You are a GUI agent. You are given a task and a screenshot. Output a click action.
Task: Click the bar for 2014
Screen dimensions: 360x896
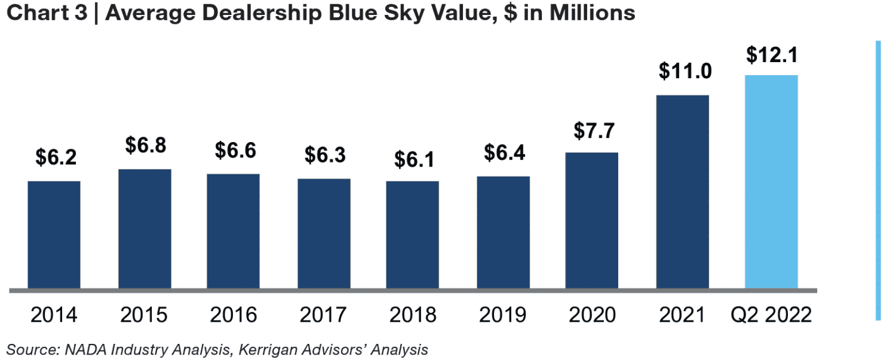[x=54, y=235]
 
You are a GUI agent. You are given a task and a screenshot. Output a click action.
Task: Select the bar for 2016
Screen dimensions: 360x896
[x=234, y=231]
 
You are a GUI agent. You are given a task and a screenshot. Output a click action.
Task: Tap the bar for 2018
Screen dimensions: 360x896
[x=412, y=235]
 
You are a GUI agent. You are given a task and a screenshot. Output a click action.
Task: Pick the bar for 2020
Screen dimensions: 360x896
[x=592, y=220]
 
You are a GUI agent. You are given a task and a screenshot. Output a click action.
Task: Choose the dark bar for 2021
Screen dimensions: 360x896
[x=682, y=192]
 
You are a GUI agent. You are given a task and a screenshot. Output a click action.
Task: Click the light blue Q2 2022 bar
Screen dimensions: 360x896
[x=771, y=181]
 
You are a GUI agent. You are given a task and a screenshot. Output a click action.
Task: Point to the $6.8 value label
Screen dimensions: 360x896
[x=145, y=144]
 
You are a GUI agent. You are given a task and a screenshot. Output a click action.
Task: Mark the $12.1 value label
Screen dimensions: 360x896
[x=771, y=55]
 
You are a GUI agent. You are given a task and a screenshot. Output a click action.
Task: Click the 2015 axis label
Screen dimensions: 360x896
[x=144, y=315]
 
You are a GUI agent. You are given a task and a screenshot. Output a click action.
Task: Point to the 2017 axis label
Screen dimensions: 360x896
[x=323, y=315]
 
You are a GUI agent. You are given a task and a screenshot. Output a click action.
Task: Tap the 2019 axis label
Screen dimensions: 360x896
[x=502, y=315]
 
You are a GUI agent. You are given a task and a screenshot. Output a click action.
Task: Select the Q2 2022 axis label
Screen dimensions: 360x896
[x=771, y=315]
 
